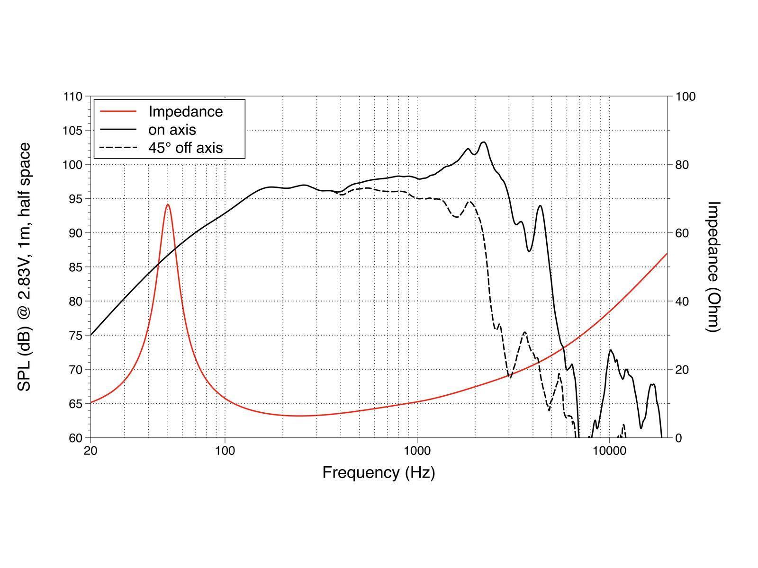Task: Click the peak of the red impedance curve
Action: coord(168,204)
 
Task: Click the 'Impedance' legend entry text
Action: coord(185,112)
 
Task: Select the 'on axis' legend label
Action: coord(172,130)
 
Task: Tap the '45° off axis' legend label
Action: coord(185,148)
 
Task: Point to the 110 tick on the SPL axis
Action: coord(72,97)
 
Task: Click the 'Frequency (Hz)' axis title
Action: coord(379,472)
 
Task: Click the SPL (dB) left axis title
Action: coord(25,266)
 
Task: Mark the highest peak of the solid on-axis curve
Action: coord(484,142)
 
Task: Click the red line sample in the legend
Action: coord(118,112)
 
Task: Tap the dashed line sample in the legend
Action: coord(118,148)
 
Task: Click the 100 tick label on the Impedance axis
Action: coord(685,97)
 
